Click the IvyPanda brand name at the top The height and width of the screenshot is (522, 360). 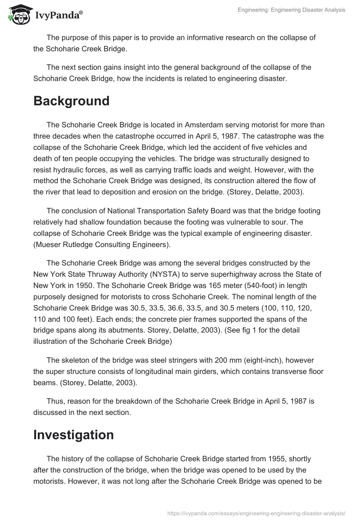pos(59,15)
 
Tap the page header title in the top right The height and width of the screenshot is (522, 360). pos(292,10)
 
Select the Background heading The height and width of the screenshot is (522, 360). pos(71,101)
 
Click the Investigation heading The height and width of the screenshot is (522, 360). pos(73,435)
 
